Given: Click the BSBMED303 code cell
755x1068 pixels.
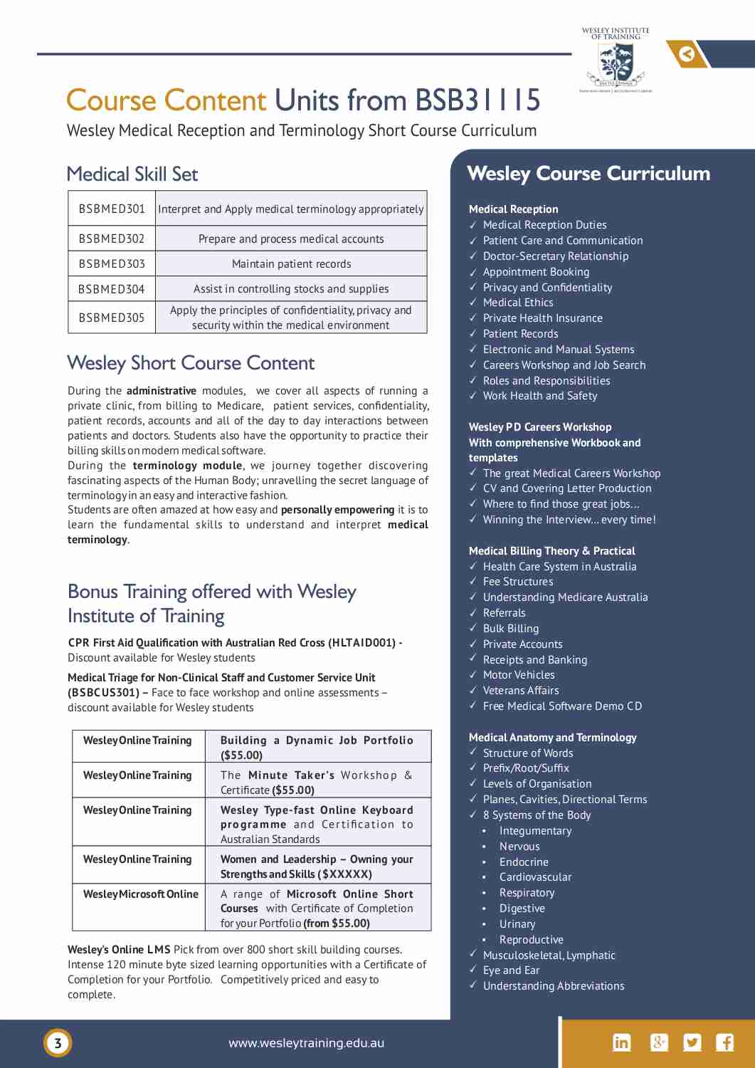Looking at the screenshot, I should (x=112, y=263).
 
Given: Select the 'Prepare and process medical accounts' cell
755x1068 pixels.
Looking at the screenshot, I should (x=291, y=239).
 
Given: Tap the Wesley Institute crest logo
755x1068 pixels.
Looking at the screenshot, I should (x=616, y=63).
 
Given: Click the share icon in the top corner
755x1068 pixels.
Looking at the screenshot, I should (x=687, y=54).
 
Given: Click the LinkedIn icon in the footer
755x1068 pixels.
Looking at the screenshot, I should (x=621, y=1042).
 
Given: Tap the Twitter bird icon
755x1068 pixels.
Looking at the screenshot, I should (x=692, y=1042).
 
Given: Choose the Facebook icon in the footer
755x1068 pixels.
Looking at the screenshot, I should (x=725, y=1042).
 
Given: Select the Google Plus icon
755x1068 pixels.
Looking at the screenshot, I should (x=659, y=1042).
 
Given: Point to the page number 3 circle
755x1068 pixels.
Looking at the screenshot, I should (x=58, y=1043).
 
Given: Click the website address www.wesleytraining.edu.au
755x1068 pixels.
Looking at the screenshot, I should (x=306, y=1043).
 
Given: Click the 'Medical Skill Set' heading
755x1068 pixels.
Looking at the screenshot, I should (x=132, y=174).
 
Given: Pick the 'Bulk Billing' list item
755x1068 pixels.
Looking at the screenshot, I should (x=510, y=629).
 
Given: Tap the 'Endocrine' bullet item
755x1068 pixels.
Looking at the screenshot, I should (x=524, y=862).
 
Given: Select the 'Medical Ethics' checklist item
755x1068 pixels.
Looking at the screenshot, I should (x=518, y=303).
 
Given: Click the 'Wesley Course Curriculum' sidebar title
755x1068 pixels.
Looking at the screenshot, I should (x=588, y=174).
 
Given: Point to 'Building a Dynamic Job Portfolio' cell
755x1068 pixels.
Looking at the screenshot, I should (x=317, y=747).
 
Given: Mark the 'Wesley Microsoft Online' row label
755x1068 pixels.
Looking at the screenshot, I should (x=140, y=894).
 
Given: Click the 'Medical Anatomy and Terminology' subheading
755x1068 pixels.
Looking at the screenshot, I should (x=552, y=738).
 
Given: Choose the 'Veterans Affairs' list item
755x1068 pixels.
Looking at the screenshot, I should (x=521, y=691).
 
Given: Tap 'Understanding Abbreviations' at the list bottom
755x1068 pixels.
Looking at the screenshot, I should (x=553, y=986).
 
